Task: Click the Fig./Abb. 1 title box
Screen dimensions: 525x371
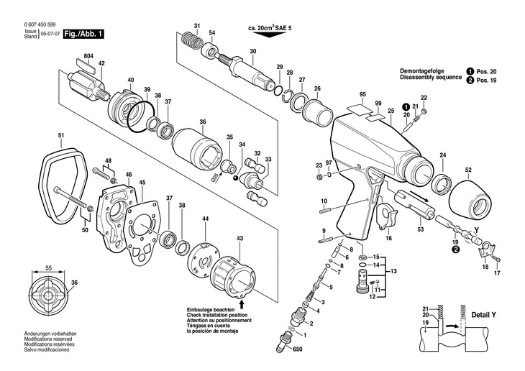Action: [x=83, y=35]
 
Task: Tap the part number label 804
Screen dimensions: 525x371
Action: [x=88, y=56]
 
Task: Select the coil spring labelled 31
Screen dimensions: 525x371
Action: [x=191, y=42]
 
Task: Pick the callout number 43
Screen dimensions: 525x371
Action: [x=239, y=239]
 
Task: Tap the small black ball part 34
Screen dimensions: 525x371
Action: [x=237, y=178]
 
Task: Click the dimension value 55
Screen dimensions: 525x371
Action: [x=49, y=268]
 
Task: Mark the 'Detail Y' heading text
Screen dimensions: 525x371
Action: [x=483, y=315]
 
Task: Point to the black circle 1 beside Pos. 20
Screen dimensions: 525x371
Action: [x=470, y=71]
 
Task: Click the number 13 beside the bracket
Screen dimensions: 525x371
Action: [x=393, y=271]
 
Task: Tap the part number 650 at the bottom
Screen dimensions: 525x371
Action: [x=297, y=349]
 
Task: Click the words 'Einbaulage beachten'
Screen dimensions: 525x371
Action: [x=206, y=311]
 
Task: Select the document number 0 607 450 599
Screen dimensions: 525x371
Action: [x=40, y=24]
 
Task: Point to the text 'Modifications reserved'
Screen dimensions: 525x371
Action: [x=48, y=339]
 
